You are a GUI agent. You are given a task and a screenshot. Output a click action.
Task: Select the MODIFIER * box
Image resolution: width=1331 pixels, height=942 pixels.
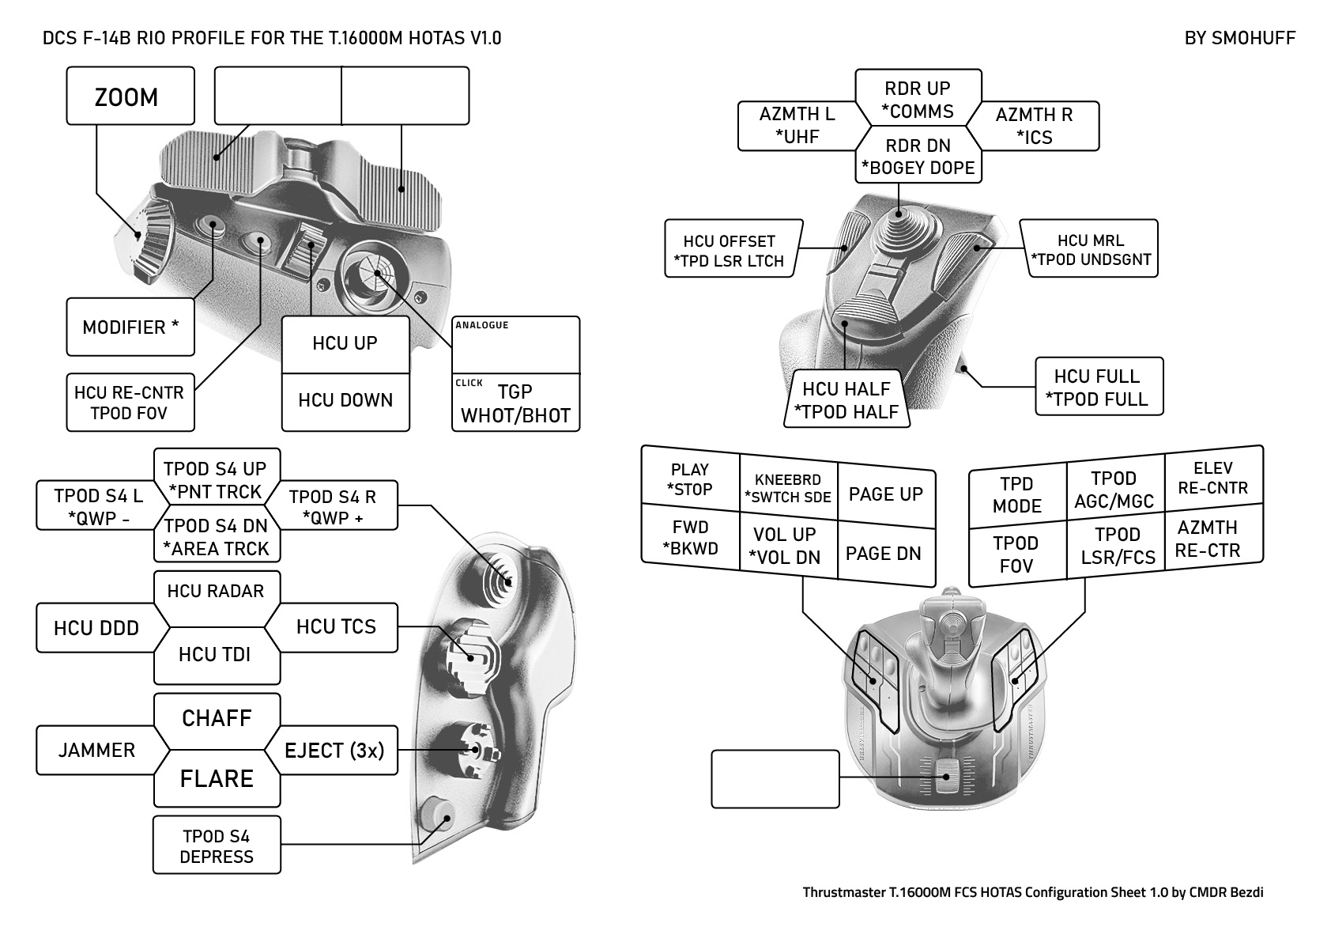(x=130, y=327)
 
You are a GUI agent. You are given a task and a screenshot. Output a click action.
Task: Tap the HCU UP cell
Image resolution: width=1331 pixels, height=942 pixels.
(x=345, y=344)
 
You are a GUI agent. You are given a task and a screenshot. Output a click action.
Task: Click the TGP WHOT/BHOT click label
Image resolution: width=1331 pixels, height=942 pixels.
(x=515, y=403)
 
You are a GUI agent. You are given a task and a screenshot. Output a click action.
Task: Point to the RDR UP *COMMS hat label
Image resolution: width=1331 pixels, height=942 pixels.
(x=918, y=99)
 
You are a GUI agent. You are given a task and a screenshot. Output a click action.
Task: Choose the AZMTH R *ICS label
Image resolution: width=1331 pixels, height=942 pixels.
(x=1035, y=126)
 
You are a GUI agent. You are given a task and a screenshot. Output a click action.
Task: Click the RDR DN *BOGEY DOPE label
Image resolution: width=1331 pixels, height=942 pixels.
(x=918, y=157)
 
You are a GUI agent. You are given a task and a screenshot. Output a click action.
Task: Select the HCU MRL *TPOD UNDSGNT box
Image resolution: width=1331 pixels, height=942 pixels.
(x=1091, y=249)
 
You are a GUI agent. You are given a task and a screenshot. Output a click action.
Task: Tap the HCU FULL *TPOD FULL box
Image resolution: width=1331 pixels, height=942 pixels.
(x=1099, y=387)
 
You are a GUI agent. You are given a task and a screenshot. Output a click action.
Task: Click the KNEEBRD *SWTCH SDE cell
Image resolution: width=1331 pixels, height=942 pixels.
(x=788, y=488)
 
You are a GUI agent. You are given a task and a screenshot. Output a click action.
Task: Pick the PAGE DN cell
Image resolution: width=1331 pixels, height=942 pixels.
(x=884, y=554)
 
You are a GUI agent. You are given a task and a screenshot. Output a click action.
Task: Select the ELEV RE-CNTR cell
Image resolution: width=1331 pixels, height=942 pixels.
(x=1212, y=478)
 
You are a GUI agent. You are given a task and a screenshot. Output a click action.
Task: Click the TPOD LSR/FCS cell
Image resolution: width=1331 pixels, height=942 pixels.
(x=1117, y=546)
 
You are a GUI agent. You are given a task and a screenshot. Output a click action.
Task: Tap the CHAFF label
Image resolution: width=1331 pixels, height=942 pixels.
(x=217, y=718)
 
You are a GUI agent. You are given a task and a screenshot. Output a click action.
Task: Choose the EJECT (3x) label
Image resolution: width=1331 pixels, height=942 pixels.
(x=334, y=750)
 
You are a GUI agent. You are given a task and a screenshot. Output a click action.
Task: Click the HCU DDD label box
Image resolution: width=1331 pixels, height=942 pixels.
(x=96, y=628)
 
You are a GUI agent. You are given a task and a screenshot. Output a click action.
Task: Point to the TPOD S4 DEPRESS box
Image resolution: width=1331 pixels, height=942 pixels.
(x=217, y=846)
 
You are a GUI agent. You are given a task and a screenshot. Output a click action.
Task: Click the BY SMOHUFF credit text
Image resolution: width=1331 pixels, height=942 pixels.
(x=1239, y=38)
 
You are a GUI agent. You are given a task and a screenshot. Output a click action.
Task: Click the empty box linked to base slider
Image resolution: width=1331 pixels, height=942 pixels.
(x=775, y=778)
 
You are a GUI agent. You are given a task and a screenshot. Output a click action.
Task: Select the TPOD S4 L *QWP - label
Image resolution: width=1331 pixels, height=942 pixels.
(x=98, y=506)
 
